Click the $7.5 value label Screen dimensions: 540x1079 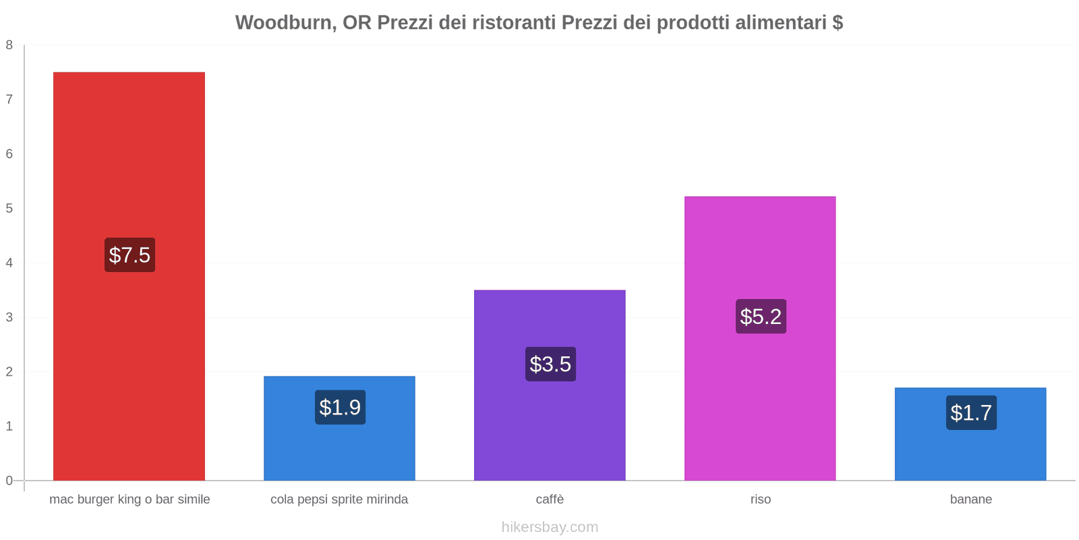129,255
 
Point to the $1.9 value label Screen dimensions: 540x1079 340,408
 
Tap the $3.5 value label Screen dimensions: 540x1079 550,364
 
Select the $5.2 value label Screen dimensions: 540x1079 761,317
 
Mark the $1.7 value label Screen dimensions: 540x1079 971,412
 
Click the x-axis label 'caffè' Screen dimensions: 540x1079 550,500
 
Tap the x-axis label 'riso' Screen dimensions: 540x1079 761,500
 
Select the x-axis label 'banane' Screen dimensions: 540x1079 971,500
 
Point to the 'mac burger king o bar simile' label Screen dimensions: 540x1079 129,500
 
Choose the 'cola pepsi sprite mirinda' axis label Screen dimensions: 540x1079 339,500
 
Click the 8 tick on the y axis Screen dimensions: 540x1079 9,45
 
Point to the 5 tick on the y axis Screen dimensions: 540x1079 9,209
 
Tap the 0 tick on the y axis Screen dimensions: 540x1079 9,481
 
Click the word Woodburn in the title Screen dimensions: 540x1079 283,23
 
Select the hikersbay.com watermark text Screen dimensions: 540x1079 550,527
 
